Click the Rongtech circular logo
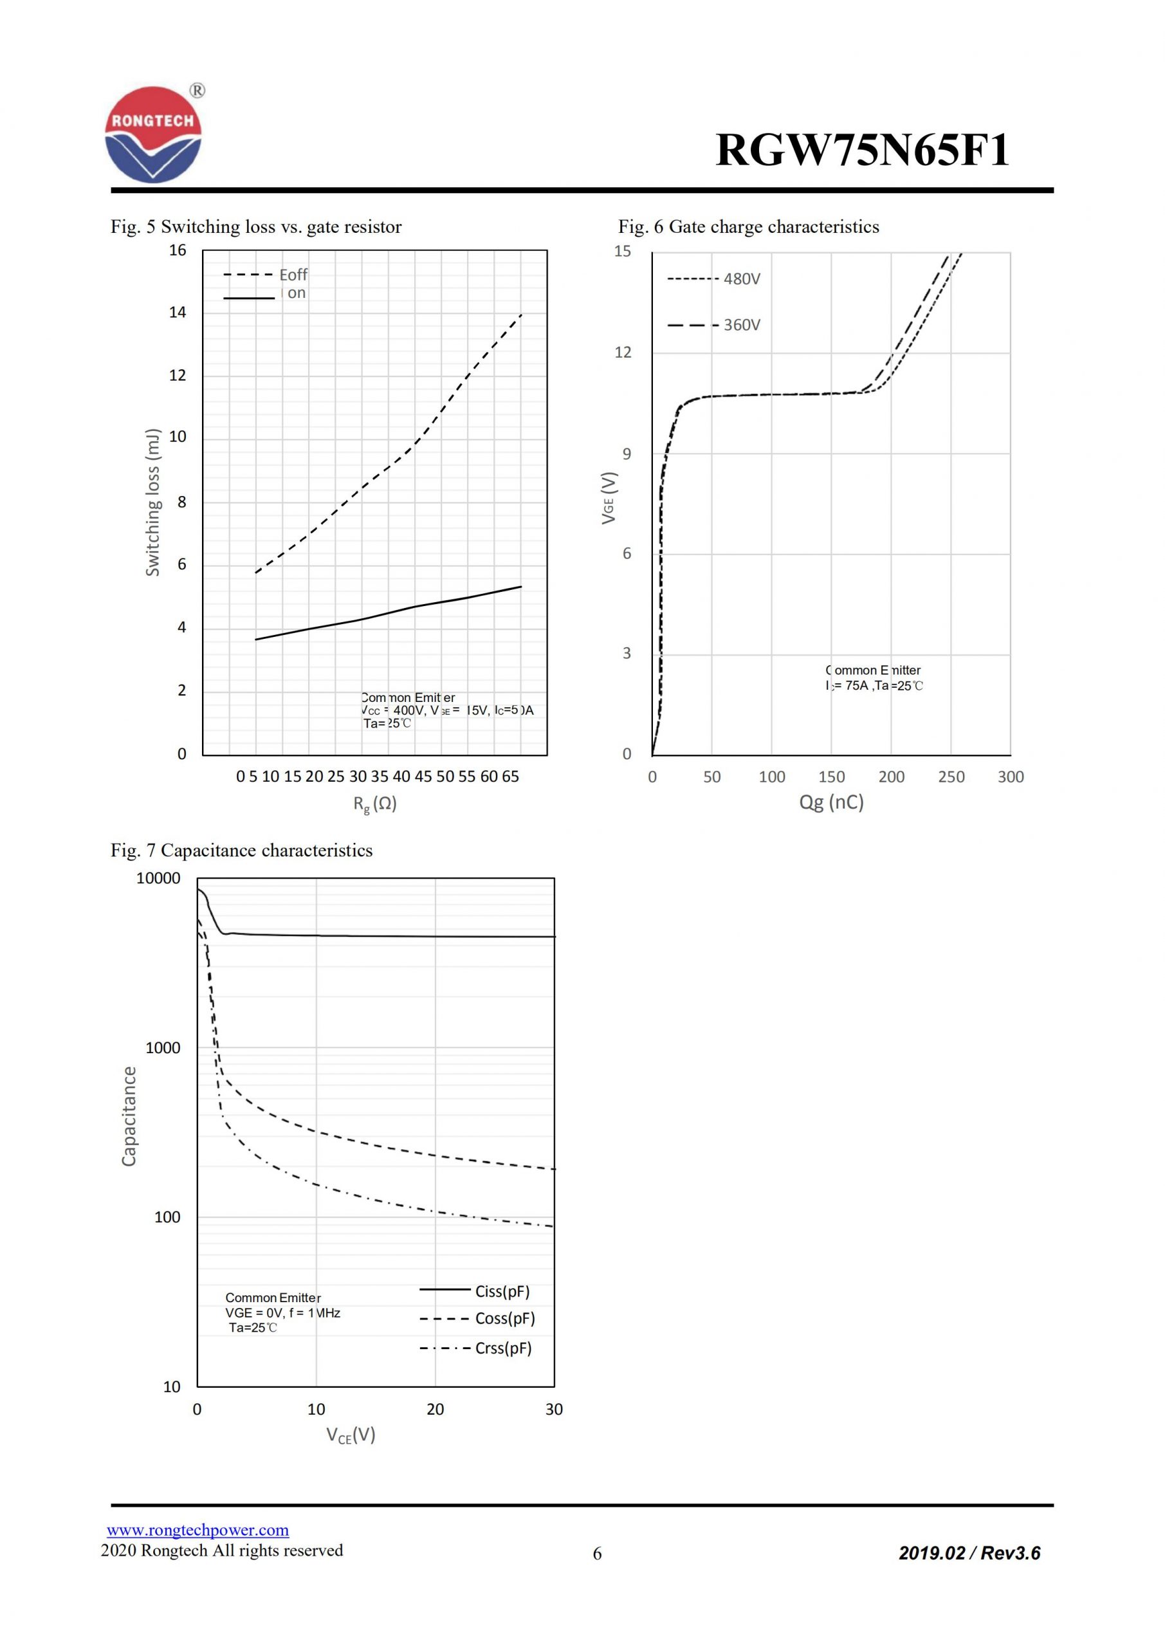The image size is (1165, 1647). pos(154,135)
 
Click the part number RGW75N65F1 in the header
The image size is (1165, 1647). pos(862,151)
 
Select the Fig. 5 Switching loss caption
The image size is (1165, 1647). pos(256,226)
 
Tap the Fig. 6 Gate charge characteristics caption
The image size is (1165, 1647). pos(748,226)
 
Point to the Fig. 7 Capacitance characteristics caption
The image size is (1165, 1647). pos(242,850)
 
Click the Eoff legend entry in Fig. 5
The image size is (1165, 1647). pos(293,275)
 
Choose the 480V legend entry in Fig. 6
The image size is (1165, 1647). pos(741,279)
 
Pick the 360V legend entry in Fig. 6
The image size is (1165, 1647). pos(741,325)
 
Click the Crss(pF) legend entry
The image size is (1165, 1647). pos(503,1348)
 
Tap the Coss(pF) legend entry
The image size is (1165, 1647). pos(504,1318)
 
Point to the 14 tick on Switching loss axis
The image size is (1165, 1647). pos(177,312)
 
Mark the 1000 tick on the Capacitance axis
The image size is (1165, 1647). pos(163,1048)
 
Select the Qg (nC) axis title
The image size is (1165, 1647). pos(831,802)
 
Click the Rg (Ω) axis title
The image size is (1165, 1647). pos(374,804)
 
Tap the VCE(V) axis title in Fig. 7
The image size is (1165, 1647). pos(351,1435)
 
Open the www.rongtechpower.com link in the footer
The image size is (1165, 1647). pos(198,1530)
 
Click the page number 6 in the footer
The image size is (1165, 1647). pos(597,1554)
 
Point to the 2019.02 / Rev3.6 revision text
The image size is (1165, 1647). pos(969,1553)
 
